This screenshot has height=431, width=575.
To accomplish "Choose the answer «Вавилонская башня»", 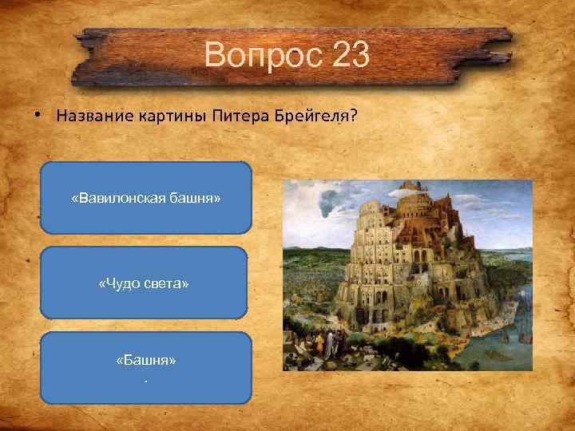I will tap(145, 198).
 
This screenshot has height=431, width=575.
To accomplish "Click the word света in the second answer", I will tap(167, 283).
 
